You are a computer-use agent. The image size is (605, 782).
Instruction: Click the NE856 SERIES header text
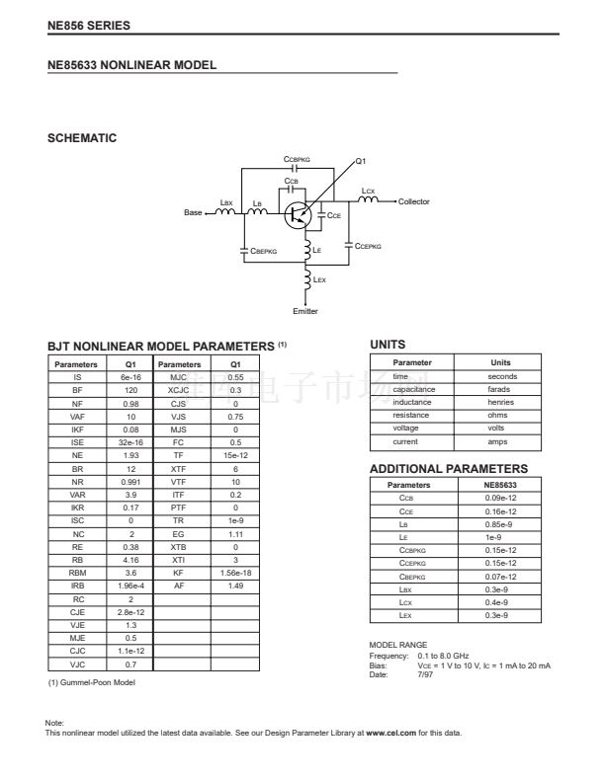(x=89, y=25)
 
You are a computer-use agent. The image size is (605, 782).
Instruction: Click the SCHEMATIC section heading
(x=82, y=138)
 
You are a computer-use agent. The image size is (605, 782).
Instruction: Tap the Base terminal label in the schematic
(x=194, y=213)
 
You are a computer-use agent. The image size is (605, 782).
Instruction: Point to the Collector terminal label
(x=414, y=201)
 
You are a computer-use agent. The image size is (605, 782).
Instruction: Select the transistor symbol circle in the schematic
(x=297, y=214)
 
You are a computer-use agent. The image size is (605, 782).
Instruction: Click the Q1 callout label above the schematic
(x=361, y=161)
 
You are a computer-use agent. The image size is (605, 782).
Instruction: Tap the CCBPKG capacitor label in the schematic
(x=297, y=158)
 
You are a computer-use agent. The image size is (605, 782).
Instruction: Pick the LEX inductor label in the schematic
(x=319, y=280)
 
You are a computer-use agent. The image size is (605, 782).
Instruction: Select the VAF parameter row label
(x=77, y=417)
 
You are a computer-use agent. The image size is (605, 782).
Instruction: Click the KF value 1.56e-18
(x=234, y=572)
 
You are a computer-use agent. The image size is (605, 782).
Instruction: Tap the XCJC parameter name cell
(x=179, y=390)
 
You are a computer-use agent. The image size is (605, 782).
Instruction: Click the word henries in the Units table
(x=501, y=402)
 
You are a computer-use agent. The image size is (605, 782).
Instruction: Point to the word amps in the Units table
(x=501, y=441)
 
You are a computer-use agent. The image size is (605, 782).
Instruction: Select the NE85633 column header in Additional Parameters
(x=501, y=485)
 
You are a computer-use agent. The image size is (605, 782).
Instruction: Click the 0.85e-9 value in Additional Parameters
(x=501, y=524)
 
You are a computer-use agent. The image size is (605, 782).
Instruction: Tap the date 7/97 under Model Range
(x=426, y=674)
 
